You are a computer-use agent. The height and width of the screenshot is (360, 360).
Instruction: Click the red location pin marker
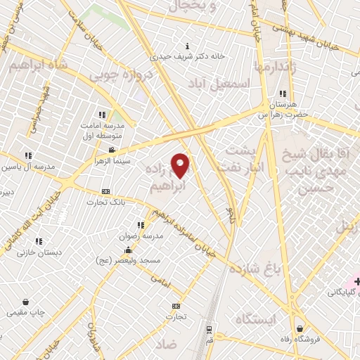coord(181,165)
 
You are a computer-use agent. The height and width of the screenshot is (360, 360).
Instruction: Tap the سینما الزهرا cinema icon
coord(112,150)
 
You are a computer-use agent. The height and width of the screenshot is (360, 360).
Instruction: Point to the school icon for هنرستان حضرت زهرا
coord(283,94)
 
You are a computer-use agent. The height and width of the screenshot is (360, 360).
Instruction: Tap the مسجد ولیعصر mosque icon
coord(128,250)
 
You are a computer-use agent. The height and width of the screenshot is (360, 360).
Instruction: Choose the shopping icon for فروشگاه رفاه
coord(300,328)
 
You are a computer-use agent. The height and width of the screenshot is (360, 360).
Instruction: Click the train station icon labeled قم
coord(209,328)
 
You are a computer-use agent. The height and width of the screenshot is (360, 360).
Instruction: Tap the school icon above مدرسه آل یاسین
coord(28,155)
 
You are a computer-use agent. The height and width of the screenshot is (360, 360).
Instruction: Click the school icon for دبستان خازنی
coord(39,240)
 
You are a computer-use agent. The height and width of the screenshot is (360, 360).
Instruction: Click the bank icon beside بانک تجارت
coord(106,191)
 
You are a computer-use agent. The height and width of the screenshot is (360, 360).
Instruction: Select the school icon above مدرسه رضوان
coord(141,225)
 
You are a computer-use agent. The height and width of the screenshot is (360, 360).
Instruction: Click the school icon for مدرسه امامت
coord(102,115)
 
